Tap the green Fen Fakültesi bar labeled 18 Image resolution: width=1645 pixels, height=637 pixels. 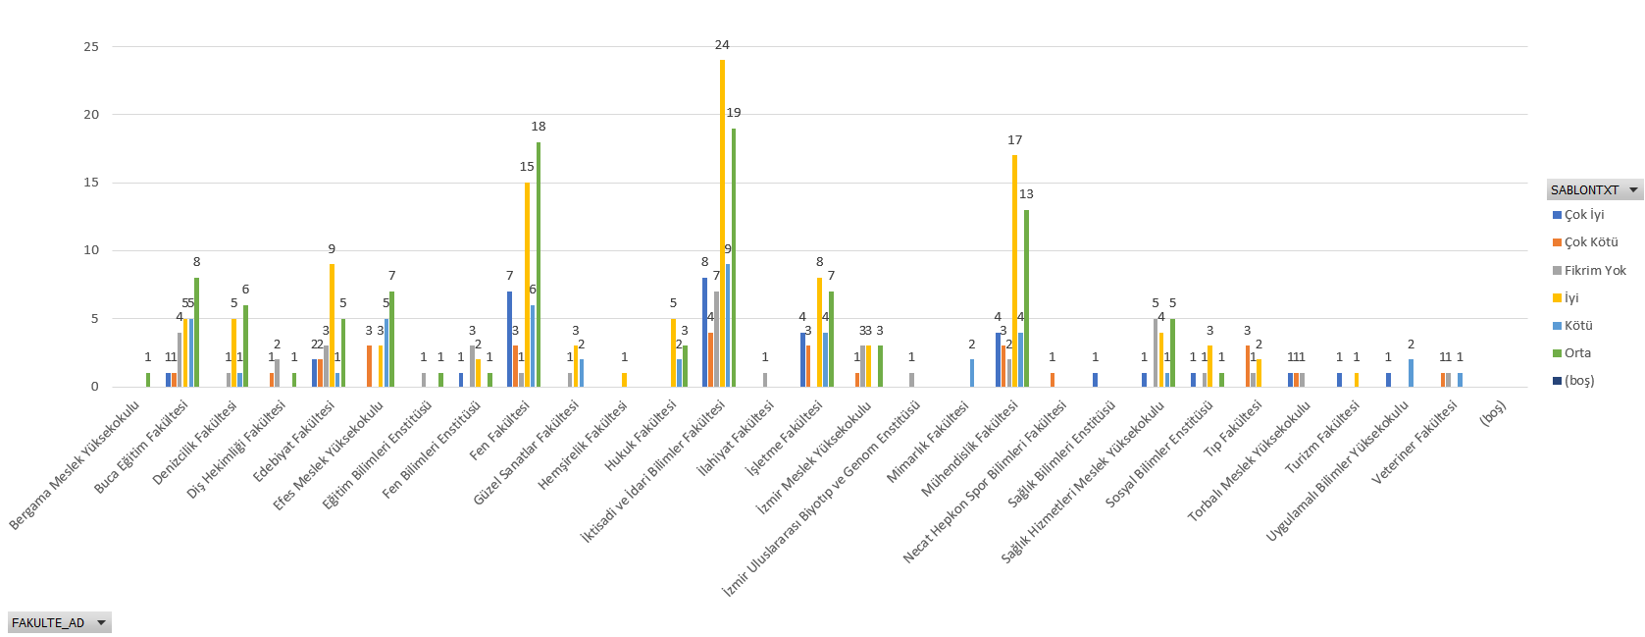[x=539, y=264]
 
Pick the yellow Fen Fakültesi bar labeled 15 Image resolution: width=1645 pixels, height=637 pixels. [x=527, y=285]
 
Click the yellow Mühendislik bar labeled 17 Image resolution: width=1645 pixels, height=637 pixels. [x=1014, y=271]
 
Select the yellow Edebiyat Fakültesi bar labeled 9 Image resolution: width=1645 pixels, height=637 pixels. [x=332, y=325]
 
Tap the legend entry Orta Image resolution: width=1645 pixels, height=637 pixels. [x=1577, y=353]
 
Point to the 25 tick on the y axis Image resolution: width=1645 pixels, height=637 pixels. [x=91, y=47]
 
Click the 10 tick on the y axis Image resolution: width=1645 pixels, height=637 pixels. [x=91, y=250]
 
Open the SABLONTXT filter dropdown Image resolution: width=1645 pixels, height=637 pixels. [x=1633, y=190]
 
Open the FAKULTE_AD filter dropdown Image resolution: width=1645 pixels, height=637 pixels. [x=100, y=623]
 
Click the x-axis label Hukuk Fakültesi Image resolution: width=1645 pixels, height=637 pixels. [x=642, y=436]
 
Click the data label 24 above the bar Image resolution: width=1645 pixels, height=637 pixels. [x=722, y=45]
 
